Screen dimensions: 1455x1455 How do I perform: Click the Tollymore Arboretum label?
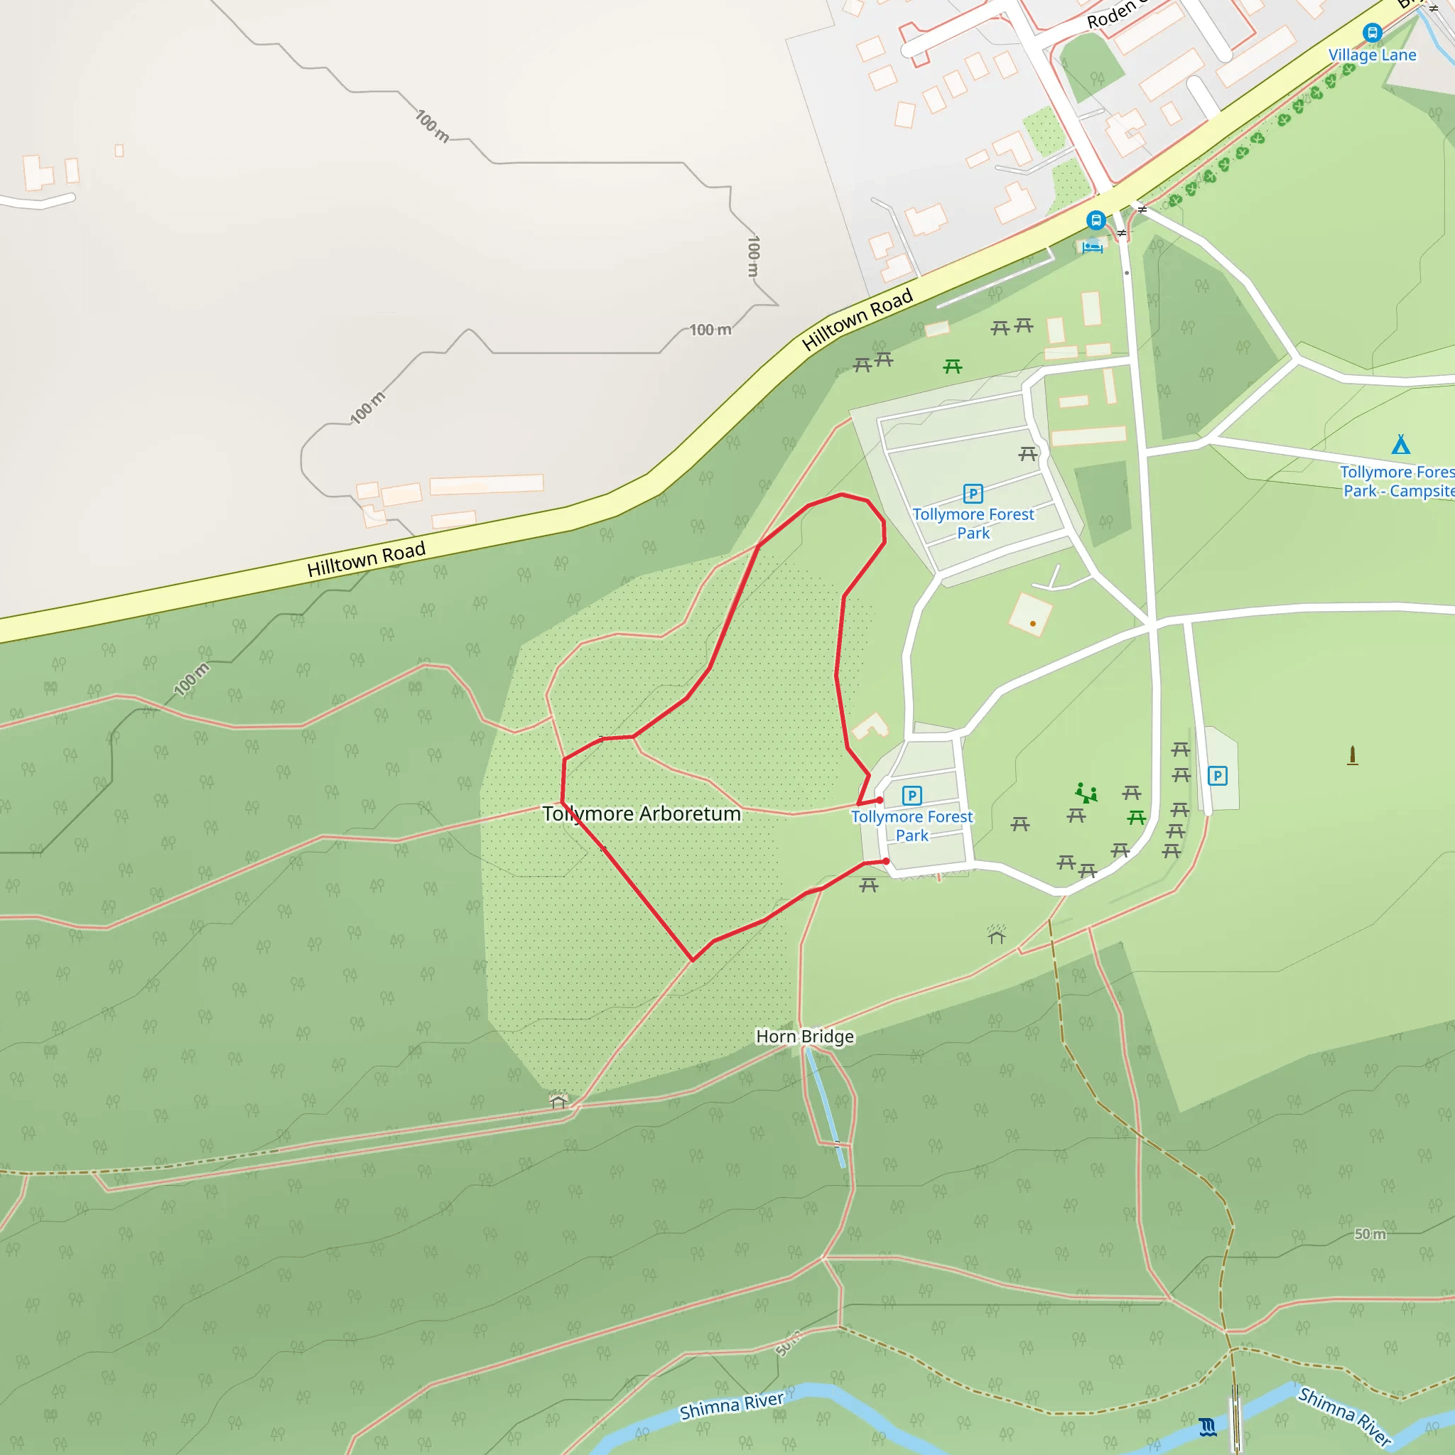[642, 814]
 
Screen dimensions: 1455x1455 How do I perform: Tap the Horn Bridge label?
[804, 1037]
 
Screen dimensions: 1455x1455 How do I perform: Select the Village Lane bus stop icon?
[1372, 33]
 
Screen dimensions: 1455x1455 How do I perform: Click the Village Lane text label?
[1372, 55]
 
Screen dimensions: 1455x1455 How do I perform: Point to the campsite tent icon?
[1401, 444]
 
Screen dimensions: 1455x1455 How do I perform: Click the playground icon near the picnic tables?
[1086, 792]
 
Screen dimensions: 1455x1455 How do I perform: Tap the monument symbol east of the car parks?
[1353, 755]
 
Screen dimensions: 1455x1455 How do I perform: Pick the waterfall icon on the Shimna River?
[1208, 1427]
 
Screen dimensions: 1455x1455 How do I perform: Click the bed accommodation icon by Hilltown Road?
[1092, 247]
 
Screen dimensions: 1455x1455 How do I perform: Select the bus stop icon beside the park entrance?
[1096, 221]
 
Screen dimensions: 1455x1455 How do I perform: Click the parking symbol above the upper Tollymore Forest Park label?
[973, 493]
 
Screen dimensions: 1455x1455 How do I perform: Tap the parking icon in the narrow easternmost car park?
[1218, 776]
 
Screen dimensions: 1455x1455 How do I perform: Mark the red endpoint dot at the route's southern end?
[887, 862]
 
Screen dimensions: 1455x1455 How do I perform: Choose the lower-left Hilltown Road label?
[366, 560]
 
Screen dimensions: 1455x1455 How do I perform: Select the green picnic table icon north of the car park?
[953, 367]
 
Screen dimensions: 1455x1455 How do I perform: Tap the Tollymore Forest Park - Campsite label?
[1396, 481]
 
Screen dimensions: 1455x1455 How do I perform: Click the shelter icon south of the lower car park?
[997, 935]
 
